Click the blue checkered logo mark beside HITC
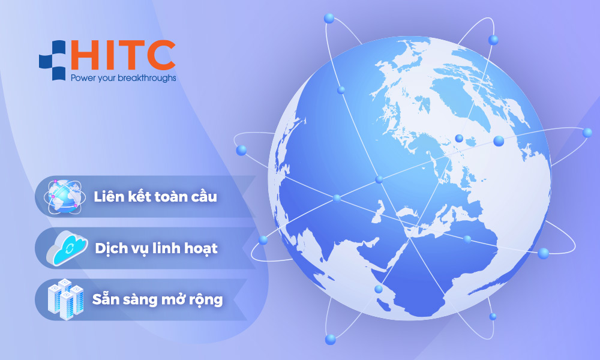point(52,60)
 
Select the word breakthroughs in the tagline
point(147,79)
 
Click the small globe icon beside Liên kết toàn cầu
point(64,197)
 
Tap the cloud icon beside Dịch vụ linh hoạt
point(67,248)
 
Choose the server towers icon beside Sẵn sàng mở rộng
point(65,299)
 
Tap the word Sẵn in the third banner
point(104,299)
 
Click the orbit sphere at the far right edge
point(587,133)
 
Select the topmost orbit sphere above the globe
point(329,18)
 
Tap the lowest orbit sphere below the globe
point(330,340)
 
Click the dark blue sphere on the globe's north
point(459,138)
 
